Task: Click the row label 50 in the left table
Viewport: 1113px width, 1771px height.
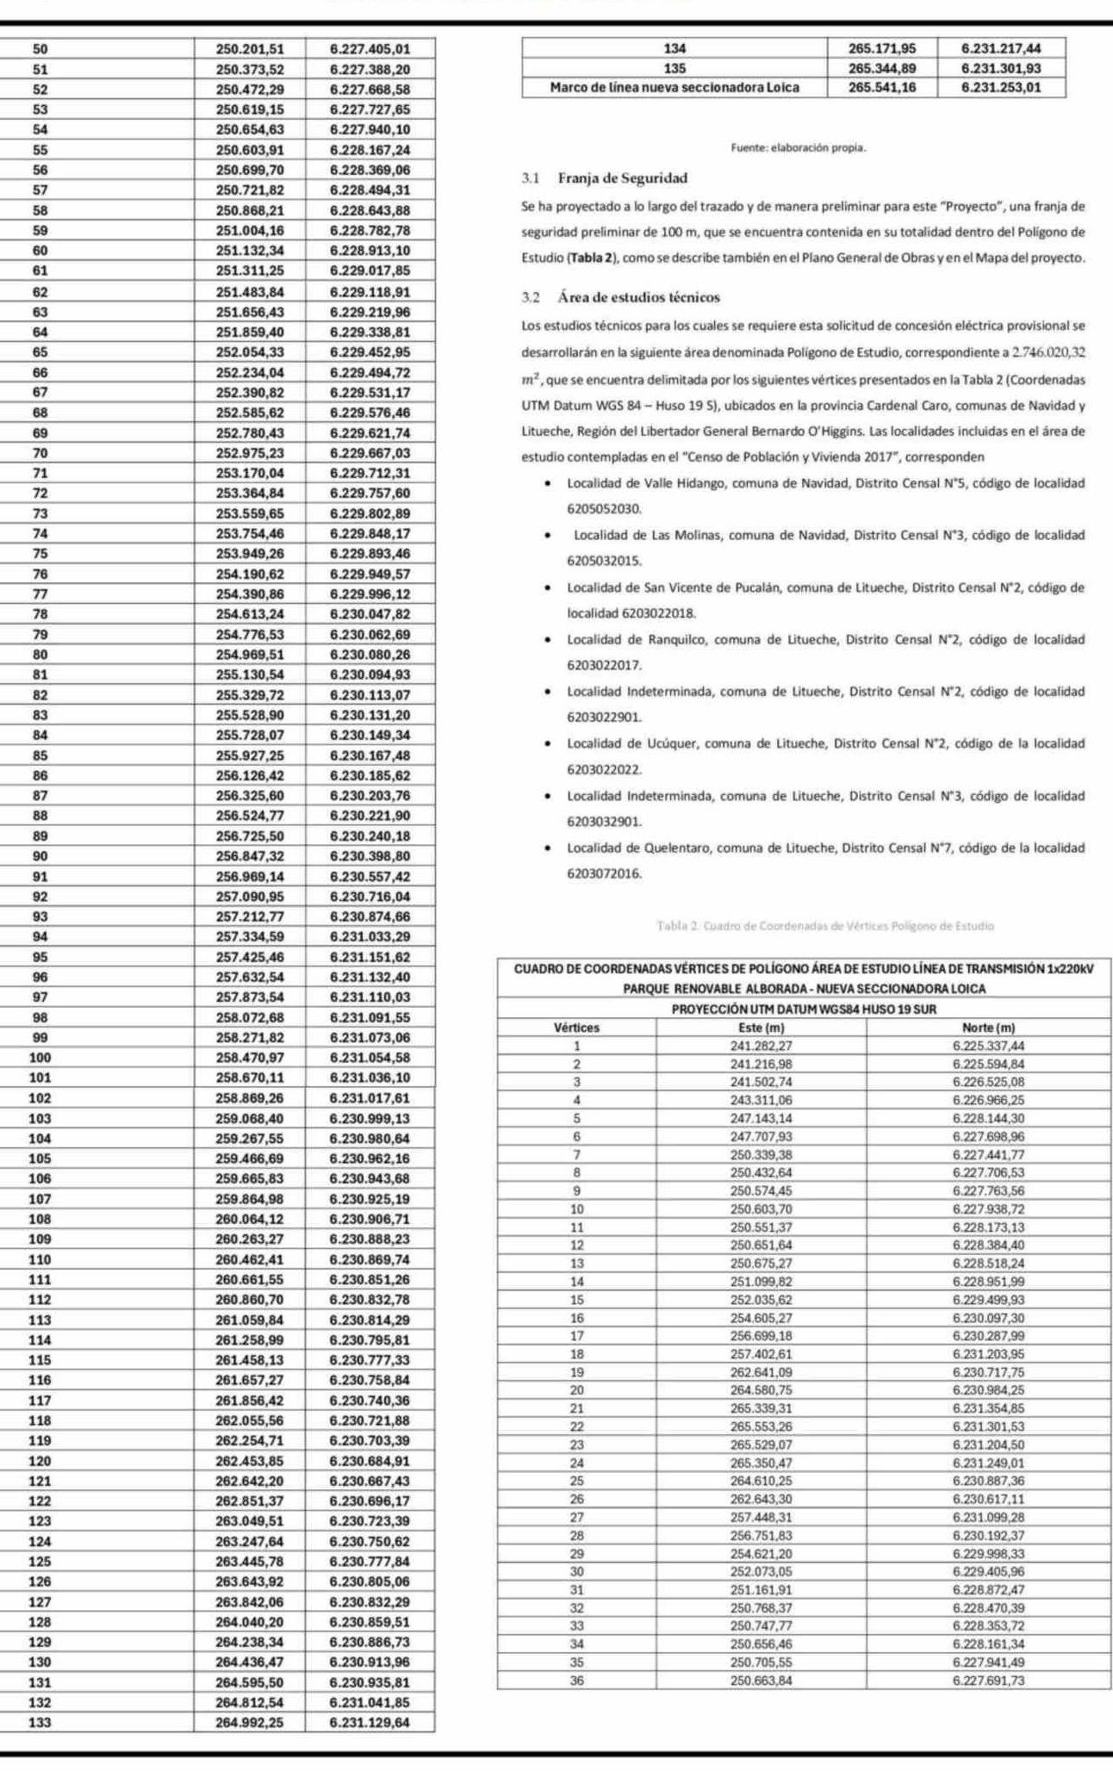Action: pyautogui.click(x=40, y=49)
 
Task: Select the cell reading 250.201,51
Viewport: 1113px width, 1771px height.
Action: pyautogui.click(x=249, y=49)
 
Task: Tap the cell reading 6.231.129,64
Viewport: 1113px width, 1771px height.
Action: pyautogui.click(x=370, y=1722)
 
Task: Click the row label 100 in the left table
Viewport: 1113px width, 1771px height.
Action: pyautogui.click(x=40, y=1057)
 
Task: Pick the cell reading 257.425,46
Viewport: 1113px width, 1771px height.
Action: pyautogui.click(x=249, y=956)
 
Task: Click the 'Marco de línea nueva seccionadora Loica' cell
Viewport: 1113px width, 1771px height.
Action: pyautogui.click(x=675, y=87)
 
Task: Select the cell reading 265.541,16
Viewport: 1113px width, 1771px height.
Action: pyautogui.click(x=881, y=87)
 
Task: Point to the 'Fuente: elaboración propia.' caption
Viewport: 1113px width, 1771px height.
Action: pyautogui.click(x=798, y=148)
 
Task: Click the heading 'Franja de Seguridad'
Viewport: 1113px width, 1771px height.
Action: pyautogui.click(x=622, y=178)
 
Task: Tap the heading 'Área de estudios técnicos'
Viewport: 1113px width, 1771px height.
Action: pyautogui.click(x=637, y=297)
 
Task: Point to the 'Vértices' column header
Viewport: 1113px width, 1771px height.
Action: pyautogui.click(x=576, y=1028)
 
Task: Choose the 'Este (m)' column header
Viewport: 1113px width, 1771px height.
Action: pyautogui.click(x=762, y=1028)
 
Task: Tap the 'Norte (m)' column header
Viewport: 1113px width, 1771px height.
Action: pyautogui.click(x=988, y=1028)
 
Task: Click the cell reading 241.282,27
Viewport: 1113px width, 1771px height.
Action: pyautogui.click(x=762, y=1046)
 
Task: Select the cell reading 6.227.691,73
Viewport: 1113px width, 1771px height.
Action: pyautogui.click(x=988, y=1680)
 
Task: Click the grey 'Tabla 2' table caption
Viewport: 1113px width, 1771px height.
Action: pyautogui.click(x=824, y=926)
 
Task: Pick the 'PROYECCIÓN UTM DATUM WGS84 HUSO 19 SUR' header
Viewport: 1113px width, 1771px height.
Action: pyautogui.click(x=804, y=1009)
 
